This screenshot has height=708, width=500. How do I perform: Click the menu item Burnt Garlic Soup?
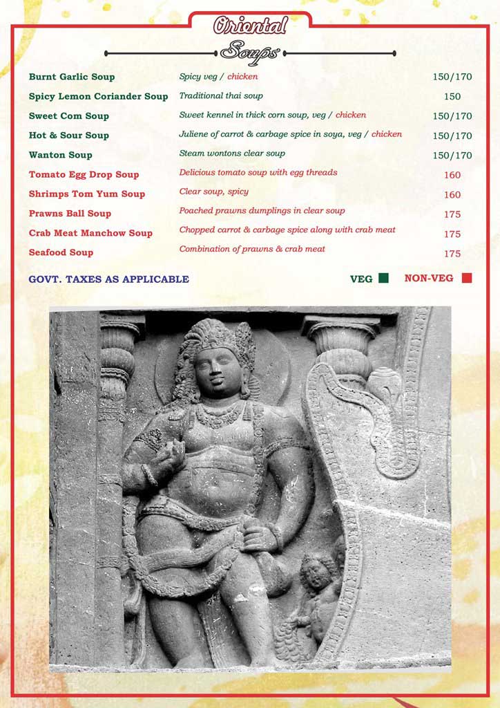(72, 77)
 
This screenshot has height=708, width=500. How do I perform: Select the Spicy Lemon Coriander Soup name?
(98, 96)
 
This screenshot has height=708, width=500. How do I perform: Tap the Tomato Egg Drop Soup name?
(84, 174)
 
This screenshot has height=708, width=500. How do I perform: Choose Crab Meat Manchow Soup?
(90, 233)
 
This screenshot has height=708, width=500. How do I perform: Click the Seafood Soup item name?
(61, 252)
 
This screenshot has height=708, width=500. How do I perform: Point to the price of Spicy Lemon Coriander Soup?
(452, 97)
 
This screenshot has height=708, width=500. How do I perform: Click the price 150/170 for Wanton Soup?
(452, 156)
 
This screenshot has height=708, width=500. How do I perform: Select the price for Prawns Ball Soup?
(452, 214)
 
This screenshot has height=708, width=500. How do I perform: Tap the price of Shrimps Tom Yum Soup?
(452, 195)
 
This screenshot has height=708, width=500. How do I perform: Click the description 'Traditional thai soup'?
(221, 95)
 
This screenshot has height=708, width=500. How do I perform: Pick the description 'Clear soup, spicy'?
(214, 191)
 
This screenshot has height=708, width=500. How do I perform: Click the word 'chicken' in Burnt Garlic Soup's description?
(242, 76)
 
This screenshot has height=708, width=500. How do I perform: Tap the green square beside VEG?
(383, 278)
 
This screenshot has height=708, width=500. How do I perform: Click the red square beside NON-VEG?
(467, 278)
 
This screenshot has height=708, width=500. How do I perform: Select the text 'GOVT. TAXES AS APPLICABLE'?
(108, 279)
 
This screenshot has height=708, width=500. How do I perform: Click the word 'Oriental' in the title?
(250, 26)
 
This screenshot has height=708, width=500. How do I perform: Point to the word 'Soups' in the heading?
(250, 52)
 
